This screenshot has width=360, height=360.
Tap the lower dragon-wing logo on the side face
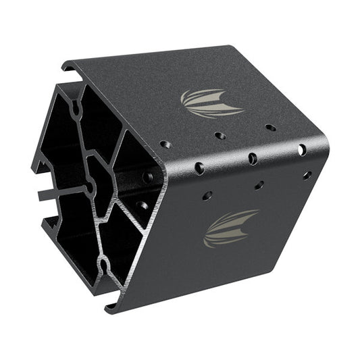coord(231,228)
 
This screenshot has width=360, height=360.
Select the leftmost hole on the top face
coord(163,144)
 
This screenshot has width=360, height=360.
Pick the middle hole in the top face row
coord(220,135)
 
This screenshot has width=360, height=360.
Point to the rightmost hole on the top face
coord(270,127)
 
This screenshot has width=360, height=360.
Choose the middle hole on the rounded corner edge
coord(253,159)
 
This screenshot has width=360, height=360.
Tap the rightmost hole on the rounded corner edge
coord(301,149)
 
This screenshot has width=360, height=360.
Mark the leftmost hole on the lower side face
coord(207,196)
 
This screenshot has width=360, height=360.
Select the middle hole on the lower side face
coord(259,185)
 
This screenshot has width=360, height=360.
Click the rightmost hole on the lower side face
coord(307,175)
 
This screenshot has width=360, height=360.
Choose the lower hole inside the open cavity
coord(143,204)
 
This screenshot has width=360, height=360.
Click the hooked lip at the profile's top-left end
coord(67,67)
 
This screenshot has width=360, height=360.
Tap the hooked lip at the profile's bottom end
coord(112,308)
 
